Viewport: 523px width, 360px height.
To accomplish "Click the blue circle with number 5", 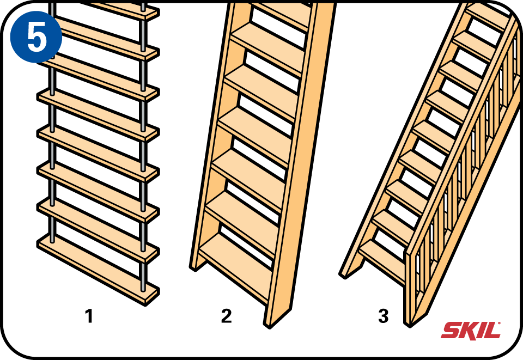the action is [x=36, y=37].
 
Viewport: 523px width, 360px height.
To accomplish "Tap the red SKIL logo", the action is [x=471, y=330].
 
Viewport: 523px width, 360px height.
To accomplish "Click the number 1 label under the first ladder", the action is [x=89, y=316].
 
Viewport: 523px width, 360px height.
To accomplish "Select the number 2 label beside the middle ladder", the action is [x=226, y=316].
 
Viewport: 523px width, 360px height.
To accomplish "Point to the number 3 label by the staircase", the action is [x=383, y=316].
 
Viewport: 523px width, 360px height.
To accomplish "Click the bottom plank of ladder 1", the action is [x=98, y=269].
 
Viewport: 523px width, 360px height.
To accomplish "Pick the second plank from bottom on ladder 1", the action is [x=98, y=230].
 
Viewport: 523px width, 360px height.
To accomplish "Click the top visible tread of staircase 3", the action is [x=488, y=16].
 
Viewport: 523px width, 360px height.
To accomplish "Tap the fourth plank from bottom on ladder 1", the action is [x=98, y=154].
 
